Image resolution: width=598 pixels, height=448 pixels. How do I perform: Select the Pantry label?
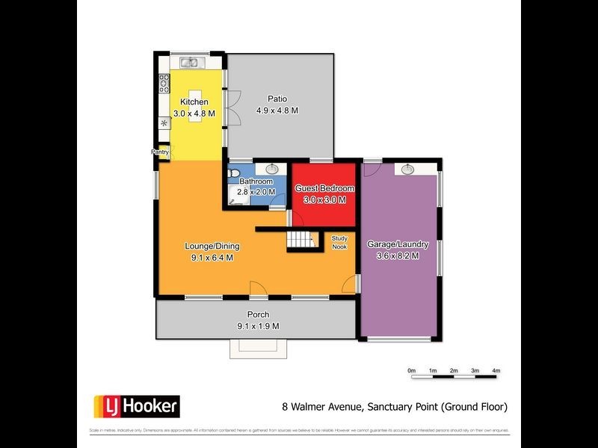pyautogui.click(x=161, y=152)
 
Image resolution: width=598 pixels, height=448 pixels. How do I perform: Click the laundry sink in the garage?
pyautogui.click(x=408, y=169)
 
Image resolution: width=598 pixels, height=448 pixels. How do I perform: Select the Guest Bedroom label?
pyautogui.click(x=324, y=189)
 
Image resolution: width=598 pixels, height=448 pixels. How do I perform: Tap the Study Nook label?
pyautogui.click(x=339, y=242)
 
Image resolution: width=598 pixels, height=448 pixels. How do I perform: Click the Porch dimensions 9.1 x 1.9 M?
pyautogui.click(x=258, y=326)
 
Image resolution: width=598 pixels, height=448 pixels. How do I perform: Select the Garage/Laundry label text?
pyautogui.click(x=398, y=244)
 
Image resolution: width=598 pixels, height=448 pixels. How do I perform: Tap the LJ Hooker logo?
pyautogui.click(x=136, y=405)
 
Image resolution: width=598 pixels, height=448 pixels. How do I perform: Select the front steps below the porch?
pyautogui.click(x=258, y=348)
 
